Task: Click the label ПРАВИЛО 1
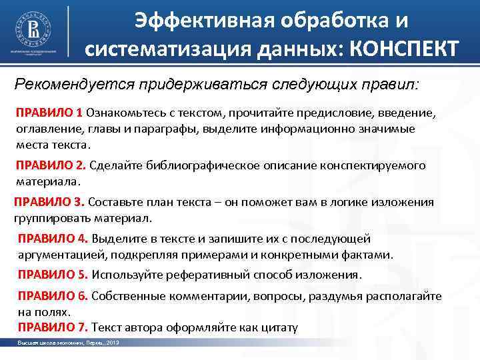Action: coord(49,112)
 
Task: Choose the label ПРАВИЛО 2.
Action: coord(51,165)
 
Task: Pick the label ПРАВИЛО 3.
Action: coord(49,202)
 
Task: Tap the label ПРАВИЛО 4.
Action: coord(53,239)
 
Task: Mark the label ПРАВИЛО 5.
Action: coord(53,274)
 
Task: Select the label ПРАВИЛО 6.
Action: coord(53,296)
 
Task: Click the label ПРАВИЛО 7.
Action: coord(53,327)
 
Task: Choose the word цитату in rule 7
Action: coord(281,327)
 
